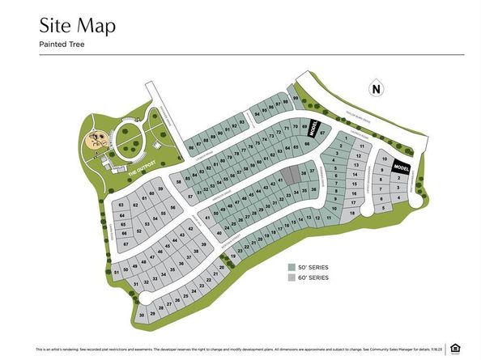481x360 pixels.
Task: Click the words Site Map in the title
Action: tap(77, 25)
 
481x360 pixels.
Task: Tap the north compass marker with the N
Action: tap(374, 89)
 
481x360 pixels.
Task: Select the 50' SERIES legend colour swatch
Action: tap(292, 266)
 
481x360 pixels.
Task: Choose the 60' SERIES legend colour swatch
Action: tap(292, 277)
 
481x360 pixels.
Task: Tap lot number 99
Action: tap(296, 100)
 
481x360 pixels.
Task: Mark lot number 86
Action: tap(191, 148)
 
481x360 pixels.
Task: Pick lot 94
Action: tap(257, 114)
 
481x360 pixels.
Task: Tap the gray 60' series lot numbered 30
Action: tap(142, 315)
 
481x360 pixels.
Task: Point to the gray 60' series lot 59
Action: tap(160, 190)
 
